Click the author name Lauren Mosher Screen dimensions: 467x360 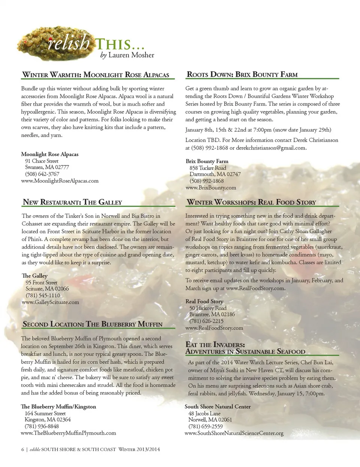point(131,55)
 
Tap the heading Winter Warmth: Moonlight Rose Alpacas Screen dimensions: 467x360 point(96,75)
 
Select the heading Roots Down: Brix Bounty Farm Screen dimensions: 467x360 point(242,74)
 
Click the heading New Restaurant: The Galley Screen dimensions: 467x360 point(72,202)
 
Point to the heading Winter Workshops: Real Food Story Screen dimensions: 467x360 point(251,202)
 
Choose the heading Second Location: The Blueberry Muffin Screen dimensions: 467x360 point(93,324)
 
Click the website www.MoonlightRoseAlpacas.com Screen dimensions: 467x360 point(60,181)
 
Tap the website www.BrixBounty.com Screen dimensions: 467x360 point(211,188)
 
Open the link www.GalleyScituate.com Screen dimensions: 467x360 point(50,302)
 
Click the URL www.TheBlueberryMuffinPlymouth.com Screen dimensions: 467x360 point(68,433)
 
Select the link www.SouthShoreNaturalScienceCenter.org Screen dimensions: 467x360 point(234,433)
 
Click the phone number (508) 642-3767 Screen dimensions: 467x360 point(42,174)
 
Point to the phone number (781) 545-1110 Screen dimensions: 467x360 point(42,296)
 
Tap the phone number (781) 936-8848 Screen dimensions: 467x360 point(42,426)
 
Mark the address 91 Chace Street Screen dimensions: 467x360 point(42,161)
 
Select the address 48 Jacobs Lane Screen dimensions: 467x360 point(204,413)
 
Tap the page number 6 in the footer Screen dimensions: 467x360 point(22,449)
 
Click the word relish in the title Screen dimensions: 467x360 point(69,43)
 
